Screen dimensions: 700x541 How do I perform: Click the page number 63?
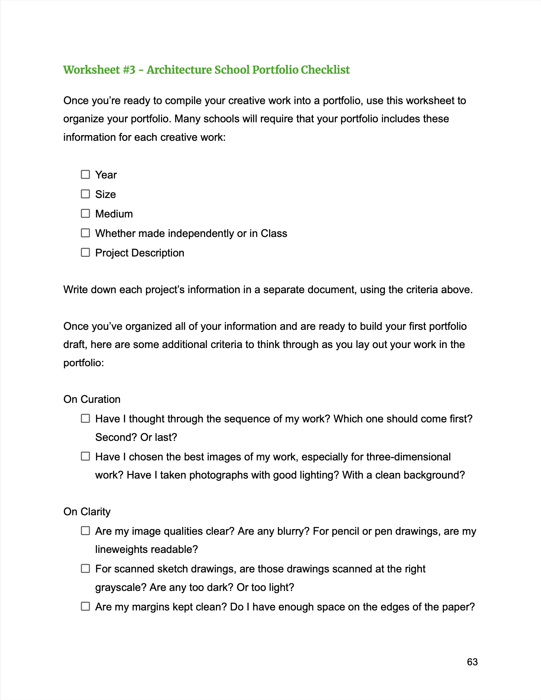[x=472, y=662]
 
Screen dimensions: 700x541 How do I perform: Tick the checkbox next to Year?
[x=85, y=174]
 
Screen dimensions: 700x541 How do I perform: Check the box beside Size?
[x=85, y=194]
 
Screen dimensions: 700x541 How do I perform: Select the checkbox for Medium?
[x=85, y=213]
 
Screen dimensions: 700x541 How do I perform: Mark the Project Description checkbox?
[x=85, y=252]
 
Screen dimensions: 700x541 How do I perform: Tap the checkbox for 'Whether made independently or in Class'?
[x=85, y=233]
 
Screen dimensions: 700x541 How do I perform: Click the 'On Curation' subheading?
[x=92, y=399]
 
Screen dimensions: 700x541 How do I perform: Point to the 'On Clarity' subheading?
[x=87, y=512]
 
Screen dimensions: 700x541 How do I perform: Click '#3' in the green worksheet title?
[x=129, y=70]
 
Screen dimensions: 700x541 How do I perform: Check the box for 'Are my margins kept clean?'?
[x=85, y=606]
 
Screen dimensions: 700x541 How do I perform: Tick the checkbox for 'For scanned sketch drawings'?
[x=85, y=568]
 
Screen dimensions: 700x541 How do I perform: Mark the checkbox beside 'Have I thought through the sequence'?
[x=85, y=418]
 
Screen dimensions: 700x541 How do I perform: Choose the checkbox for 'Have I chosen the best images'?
[x=85, y=456]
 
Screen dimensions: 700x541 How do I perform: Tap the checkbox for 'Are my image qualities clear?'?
[x=85, y=530]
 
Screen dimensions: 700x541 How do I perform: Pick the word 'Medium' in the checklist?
[x=114, y=214]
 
